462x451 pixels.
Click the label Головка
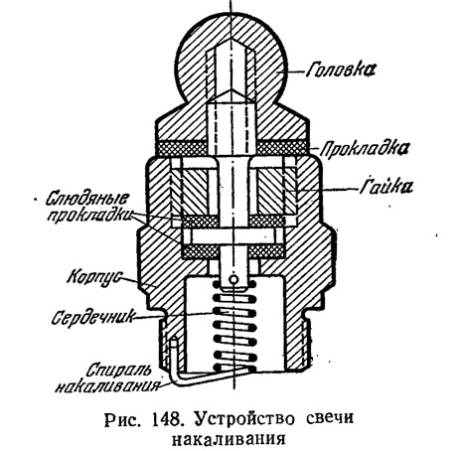(341, 70)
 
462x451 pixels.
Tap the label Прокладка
(365, 148)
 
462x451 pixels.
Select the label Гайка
(386, 186)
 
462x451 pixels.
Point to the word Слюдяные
(86, 199)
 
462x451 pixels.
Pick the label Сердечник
(93, 317)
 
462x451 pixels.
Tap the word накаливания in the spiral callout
(107, 385)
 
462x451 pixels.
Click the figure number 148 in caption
(167, 420)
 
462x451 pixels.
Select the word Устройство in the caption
(244, 420)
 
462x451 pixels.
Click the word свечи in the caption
(328, 419)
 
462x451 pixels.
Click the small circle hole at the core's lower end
(233, 280)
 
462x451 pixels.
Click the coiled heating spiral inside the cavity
(234, 326)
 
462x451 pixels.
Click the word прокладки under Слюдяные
(88, 217)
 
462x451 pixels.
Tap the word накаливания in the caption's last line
(229, 439)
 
